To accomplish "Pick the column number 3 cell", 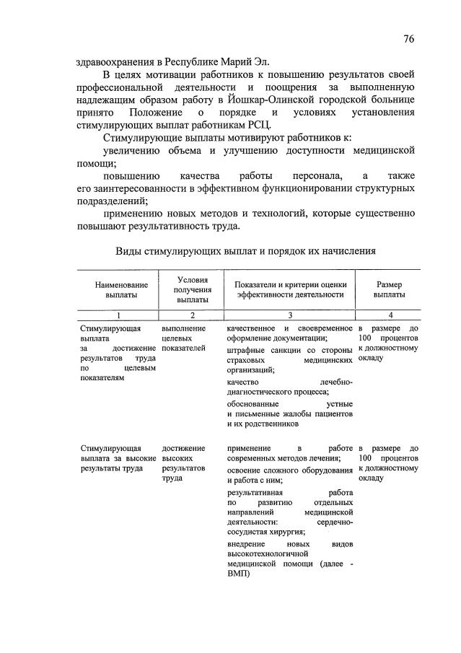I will tap(290, 315).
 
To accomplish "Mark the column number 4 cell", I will tap(390, 315).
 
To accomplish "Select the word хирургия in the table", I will tap(275, 531).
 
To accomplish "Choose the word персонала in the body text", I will tap(313, 175).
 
